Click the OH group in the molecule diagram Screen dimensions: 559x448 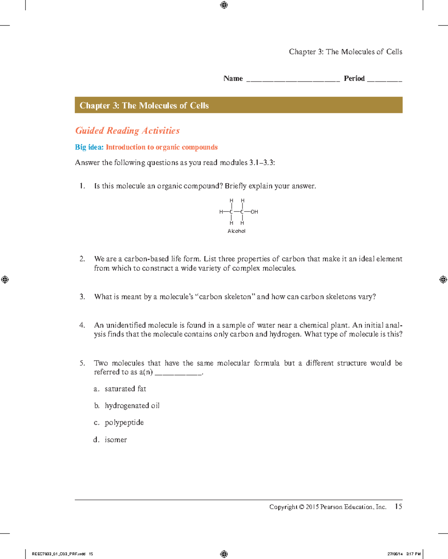click(x=254, y=212)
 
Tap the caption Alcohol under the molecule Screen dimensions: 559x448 click(x=236, y=231)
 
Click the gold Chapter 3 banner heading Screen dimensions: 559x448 click(x=144, y=106)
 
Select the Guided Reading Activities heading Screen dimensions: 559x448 click(x=127, y=131)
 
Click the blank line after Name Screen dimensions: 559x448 click(x=293, y=79)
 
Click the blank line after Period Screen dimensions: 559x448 click(x=385, y=79)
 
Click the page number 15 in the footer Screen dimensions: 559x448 click(x=398, y=506)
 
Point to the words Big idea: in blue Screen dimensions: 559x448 click(x=89, y=147)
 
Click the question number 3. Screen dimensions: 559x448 click(x=82, y=297)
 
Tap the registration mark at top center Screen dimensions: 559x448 click(x=224, y=5)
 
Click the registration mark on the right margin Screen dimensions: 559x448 click(x=443, y=279)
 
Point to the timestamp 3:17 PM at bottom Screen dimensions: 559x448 click(x=413, y=554)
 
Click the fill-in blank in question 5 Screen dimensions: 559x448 click(x=178, y=373)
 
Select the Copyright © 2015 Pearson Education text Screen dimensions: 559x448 click(x=327, y=507)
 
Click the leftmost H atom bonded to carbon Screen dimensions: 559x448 click(x=221, y=212)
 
